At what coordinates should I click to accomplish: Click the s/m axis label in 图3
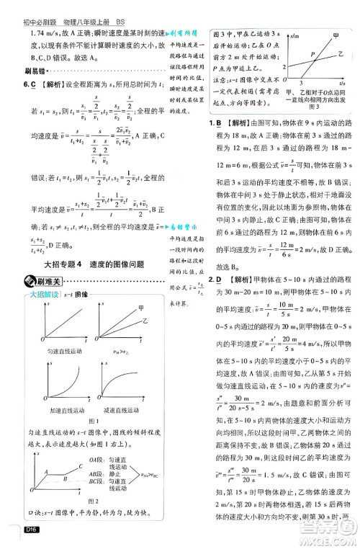coord(291,33)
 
